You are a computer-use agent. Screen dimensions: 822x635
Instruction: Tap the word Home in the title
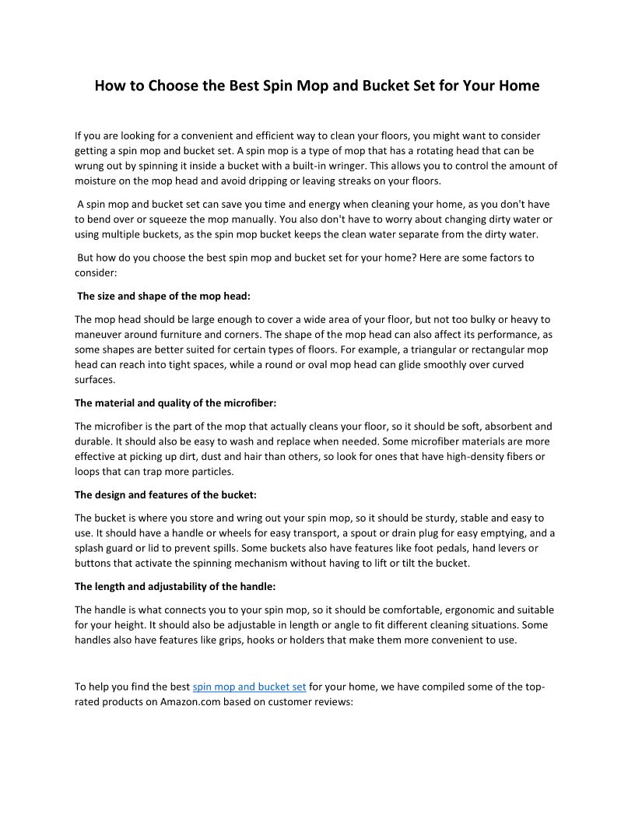click(x=518, y=86)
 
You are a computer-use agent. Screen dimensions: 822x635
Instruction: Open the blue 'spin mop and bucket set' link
click(x=249, y=687)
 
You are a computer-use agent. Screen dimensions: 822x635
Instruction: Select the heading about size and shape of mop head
click(x=164, y=296)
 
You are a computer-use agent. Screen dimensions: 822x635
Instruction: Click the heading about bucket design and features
click(x=166, y=494)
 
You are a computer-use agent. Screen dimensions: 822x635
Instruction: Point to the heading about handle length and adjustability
click(x=175, y=586)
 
